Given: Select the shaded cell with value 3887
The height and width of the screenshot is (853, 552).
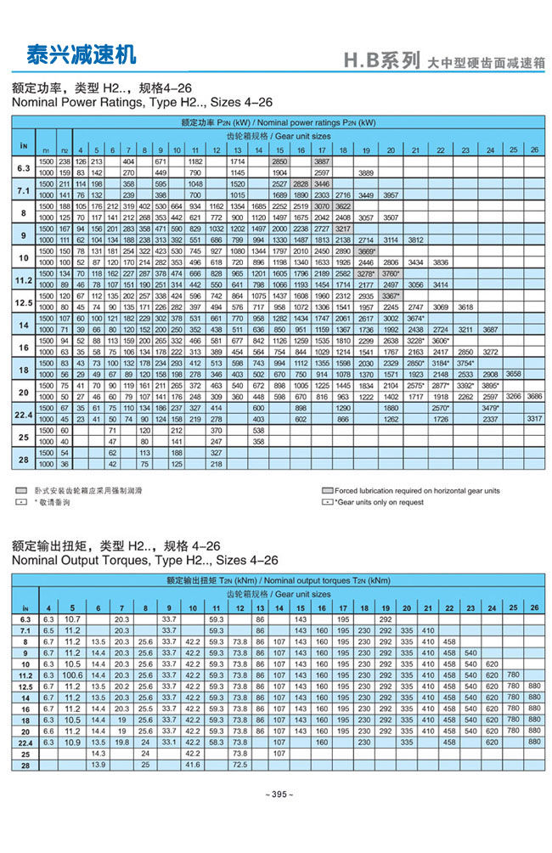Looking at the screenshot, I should [x=323, y=161].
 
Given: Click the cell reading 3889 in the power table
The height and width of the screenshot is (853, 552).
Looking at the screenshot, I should [x=367, y=172].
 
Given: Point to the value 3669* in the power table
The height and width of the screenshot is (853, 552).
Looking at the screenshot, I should [x=367, y=251].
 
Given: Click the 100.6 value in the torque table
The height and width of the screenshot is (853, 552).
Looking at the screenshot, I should [x=72, y=673].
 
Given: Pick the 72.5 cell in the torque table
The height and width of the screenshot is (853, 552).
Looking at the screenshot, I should [x=239, y=765].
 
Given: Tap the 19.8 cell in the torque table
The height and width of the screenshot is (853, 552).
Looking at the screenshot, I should [x=121, y=741].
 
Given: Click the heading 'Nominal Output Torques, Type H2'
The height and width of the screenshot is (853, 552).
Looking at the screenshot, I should [x=144, y=560].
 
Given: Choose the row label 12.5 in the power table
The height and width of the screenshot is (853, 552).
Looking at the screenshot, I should [x=23, y=301].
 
